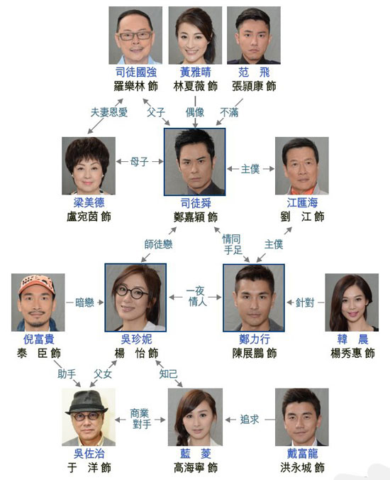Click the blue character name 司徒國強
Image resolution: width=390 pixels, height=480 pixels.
[136, 72]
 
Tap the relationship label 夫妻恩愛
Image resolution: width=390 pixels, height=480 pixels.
[108, 112]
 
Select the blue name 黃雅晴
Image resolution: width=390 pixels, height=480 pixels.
[195, 72]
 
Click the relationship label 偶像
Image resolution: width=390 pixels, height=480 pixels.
[195, 112]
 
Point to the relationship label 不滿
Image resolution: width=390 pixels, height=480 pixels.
[229, 113]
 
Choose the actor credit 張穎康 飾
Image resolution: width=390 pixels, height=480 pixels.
[254, 87]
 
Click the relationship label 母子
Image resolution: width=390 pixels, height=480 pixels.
[140, 162]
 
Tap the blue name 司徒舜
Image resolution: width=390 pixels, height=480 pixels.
[196, 203]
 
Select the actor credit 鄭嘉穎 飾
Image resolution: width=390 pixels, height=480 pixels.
[196, 217]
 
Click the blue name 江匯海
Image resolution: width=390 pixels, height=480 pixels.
[302, 202]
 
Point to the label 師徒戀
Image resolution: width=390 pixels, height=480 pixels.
[158, 244]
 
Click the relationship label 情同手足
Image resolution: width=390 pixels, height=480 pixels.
[232, 244]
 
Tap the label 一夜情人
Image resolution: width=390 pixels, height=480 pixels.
[195, 296]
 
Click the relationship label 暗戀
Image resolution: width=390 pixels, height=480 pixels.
[84, 302]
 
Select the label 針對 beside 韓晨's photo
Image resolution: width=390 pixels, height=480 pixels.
[305, 302]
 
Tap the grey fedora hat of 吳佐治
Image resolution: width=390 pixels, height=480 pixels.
[87, 402]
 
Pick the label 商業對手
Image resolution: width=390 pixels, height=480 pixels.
[141, 419]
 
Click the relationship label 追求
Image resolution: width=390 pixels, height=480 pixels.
[249, 420]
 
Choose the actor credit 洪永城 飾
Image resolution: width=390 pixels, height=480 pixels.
[302, 468]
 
